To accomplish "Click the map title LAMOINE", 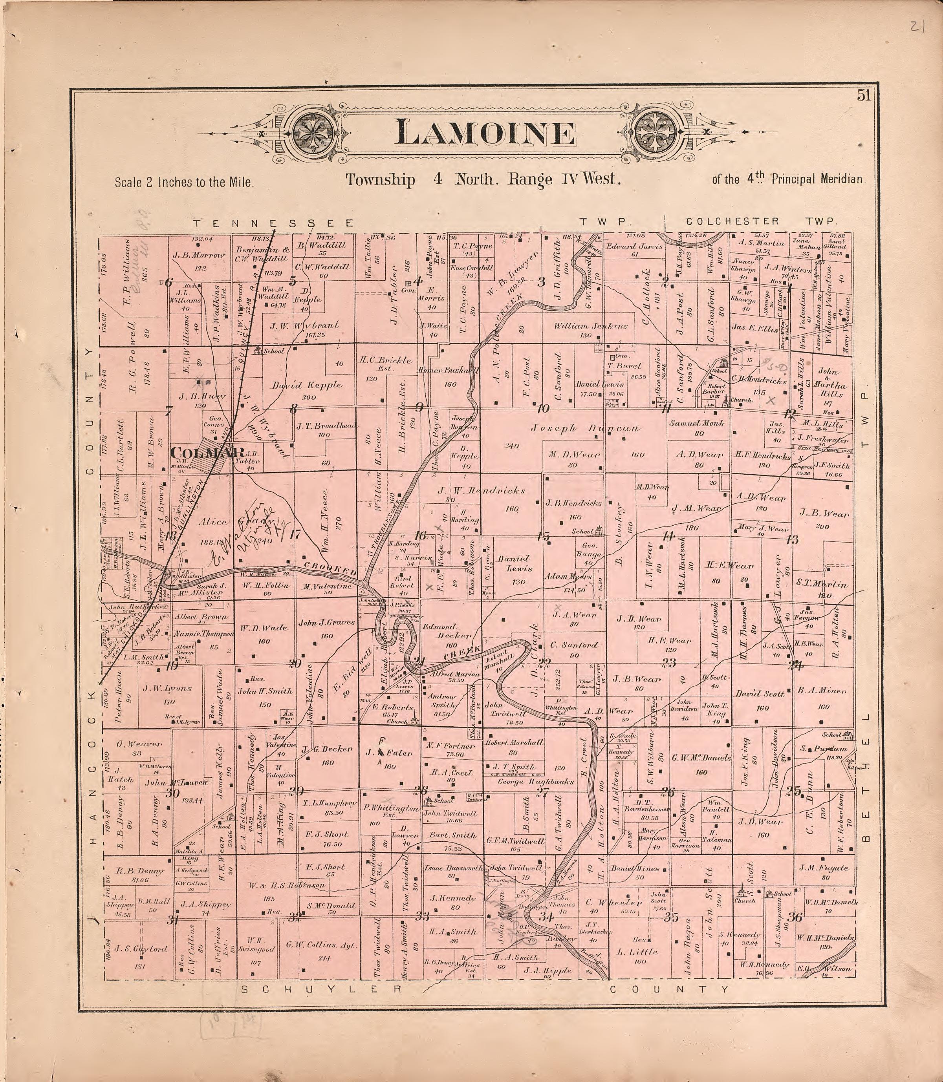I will pos(485,133).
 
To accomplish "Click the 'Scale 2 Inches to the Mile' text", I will pos(184,183).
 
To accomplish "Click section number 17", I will pos(296,534).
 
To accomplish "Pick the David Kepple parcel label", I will pos(307,385).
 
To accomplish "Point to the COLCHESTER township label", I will pos(732,221).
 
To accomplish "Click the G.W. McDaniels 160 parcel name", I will pos(701,758).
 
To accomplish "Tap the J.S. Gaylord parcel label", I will pos(134,949).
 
